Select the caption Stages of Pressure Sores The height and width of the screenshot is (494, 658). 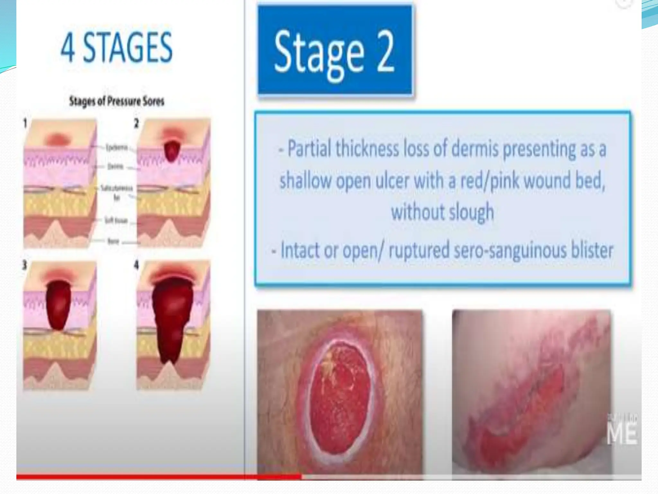[x=117, y=102]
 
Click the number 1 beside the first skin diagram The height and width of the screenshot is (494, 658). [x=25, y=123]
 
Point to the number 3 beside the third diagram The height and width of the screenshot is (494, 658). [x=25, y=266]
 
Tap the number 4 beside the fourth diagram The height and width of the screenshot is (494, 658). [x=137, y=265]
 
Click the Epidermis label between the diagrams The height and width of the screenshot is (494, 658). [x=117, y=148]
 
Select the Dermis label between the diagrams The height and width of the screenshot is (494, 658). [x=115, y=167]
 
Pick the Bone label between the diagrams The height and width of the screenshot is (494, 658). [x=113, y=241]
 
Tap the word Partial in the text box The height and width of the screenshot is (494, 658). [x=309, y=149]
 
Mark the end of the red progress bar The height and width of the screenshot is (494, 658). [x=301, y=477]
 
